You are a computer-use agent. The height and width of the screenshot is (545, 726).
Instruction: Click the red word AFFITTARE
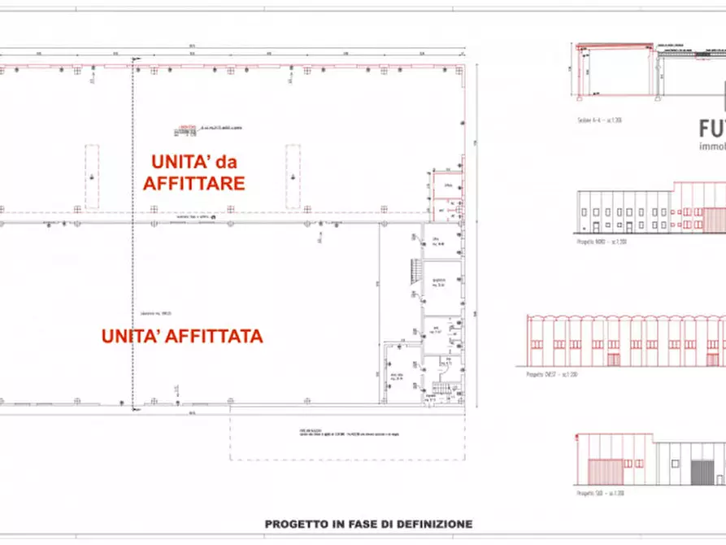(193, 183)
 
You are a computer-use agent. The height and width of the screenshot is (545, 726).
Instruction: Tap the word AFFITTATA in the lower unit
(222, 335)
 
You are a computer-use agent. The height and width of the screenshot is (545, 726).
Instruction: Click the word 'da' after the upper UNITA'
(232, 159)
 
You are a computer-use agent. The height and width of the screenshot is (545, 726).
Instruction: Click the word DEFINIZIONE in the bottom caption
(432, 525)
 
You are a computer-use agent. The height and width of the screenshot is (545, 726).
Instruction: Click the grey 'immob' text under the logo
(712, 147)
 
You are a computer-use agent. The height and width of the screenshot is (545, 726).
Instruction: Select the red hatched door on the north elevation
(714, 220)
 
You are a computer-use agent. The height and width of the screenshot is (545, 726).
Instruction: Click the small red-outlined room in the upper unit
(447, 185)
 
